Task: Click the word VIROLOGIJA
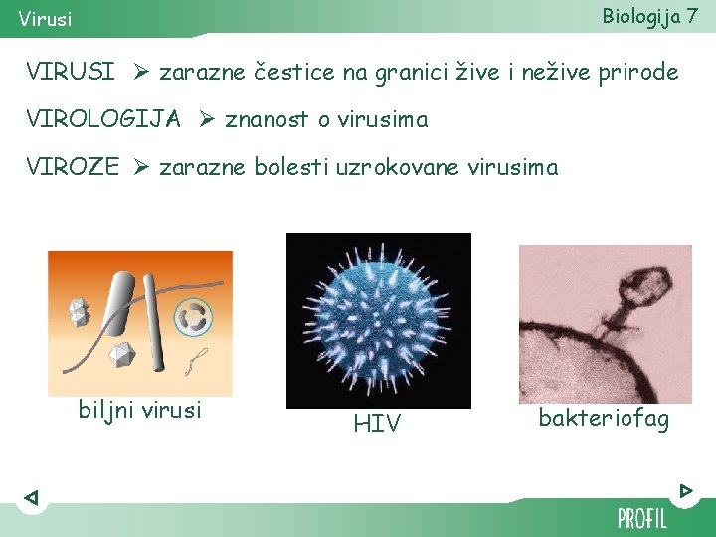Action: point(103,120)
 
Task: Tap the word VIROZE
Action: point(73,168)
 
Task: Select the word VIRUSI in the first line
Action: point(71,73)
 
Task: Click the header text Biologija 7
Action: point(649,16)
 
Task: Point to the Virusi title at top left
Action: point(45,19)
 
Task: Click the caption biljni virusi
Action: point(139,410)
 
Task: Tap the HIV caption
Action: point(377,424)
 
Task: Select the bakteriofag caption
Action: point(604,419)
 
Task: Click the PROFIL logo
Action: point(641,518)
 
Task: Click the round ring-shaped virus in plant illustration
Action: point(193,317)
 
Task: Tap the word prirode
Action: point(634,73)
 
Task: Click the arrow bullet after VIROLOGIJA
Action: point(206,120)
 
